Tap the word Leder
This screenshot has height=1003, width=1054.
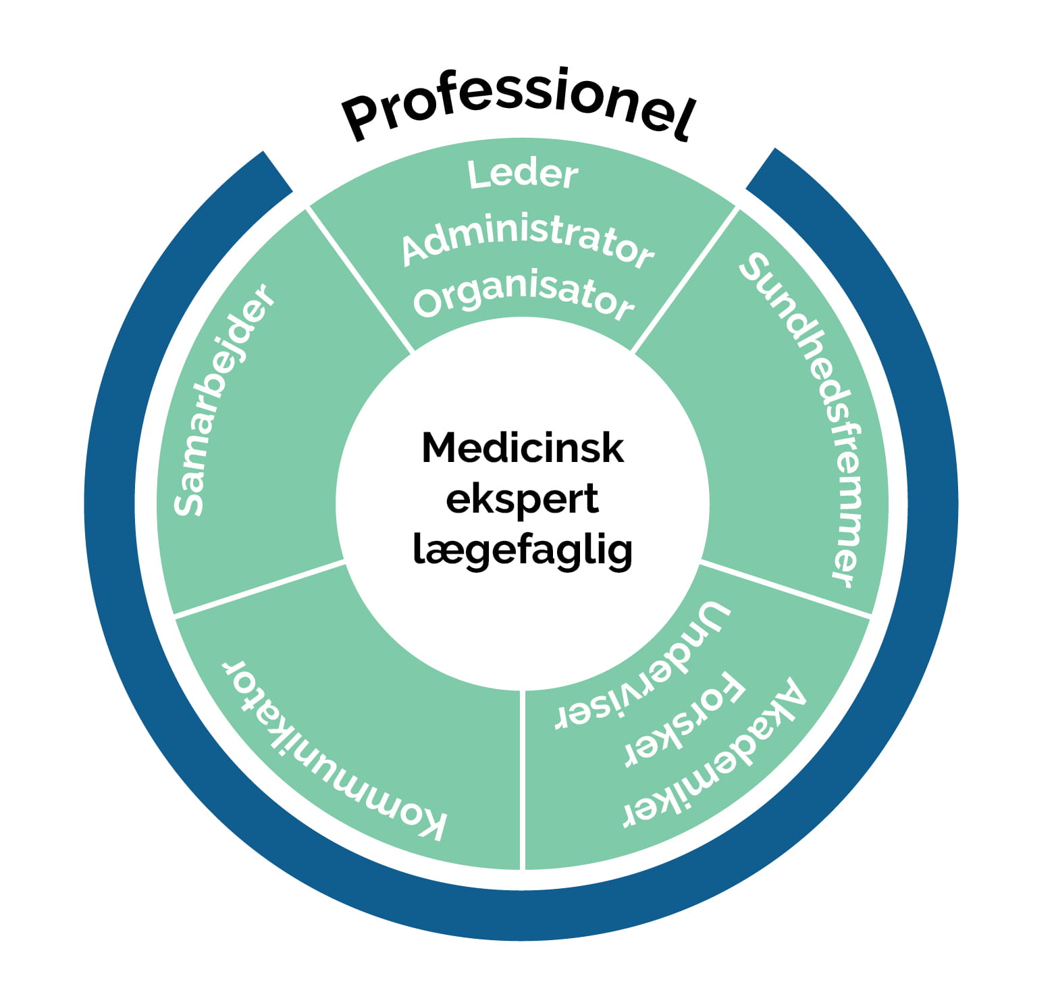click(523, 174)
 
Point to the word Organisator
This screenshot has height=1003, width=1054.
click(523, 297)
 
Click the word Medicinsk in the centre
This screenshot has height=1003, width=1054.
click(523, 448)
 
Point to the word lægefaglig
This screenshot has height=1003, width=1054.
click(523, 550)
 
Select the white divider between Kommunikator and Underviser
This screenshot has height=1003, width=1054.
click(523, 780)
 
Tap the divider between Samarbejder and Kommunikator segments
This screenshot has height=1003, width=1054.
click(260, 588)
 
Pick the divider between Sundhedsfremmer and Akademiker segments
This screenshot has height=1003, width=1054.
click(785, 588)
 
